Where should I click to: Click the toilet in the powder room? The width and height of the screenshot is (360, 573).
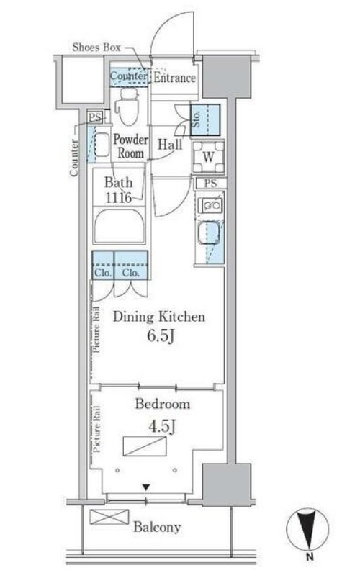point(127,106)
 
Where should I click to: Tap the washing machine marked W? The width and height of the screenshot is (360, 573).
point(208,157)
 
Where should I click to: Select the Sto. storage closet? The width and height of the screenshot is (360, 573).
point(205,120)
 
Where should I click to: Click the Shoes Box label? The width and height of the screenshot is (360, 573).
point(96,47)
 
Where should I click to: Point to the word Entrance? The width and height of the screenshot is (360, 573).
point(174,78)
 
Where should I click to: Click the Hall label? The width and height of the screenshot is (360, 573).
point(170,145)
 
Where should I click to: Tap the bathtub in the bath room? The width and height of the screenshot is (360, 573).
point(119,225)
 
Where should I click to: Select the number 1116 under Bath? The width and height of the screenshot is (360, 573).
point(118,198)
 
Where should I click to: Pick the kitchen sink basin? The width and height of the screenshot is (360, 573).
point(208,234)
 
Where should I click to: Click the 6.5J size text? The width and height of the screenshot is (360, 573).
point(160,336)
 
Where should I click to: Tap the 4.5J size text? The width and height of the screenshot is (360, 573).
point(162,426)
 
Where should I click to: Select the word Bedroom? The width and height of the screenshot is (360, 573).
point(162,404)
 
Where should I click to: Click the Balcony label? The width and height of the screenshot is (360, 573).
point(157,527)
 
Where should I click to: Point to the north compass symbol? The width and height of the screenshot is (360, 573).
point(307,529)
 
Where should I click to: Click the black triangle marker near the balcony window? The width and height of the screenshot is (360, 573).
point(146,487)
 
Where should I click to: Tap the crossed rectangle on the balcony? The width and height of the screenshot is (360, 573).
point(109,517)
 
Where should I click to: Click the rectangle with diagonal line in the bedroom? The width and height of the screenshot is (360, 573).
point(145,446)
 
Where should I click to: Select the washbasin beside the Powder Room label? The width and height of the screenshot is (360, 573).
point(102,144)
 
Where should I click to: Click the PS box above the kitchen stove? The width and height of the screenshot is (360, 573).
point(210,183)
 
